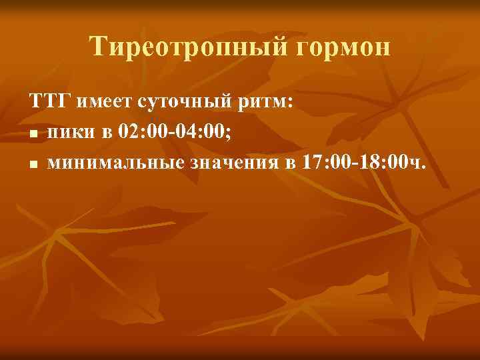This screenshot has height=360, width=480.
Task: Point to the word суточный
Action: [x=175, y=103]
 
